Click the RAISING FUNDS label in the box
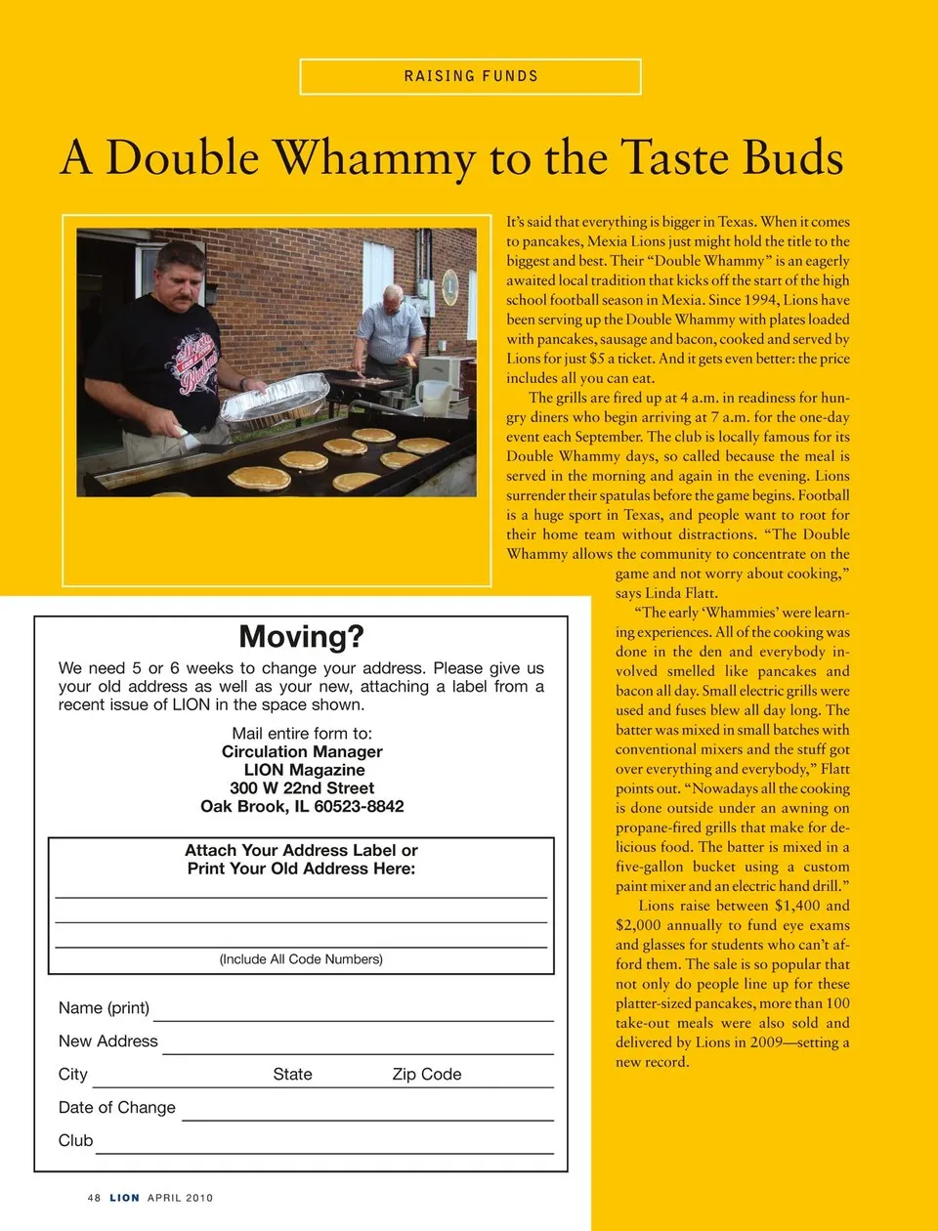[471, 76]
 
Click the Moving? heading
[301, 637]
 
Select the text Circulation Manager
[302, 751]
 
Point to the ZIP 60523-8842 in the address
[359, 806]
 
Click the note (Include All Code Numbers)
[301, 959]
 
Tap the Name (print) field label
[104, 1008]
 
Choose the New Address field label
[107, 1041]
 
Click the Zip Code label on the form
[426, 1075]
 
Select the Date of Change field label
[117, 1108]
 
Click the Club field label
[75, 1141]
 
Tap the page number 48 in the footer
[94, 1198]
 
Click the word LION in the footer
[124, 1198]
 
